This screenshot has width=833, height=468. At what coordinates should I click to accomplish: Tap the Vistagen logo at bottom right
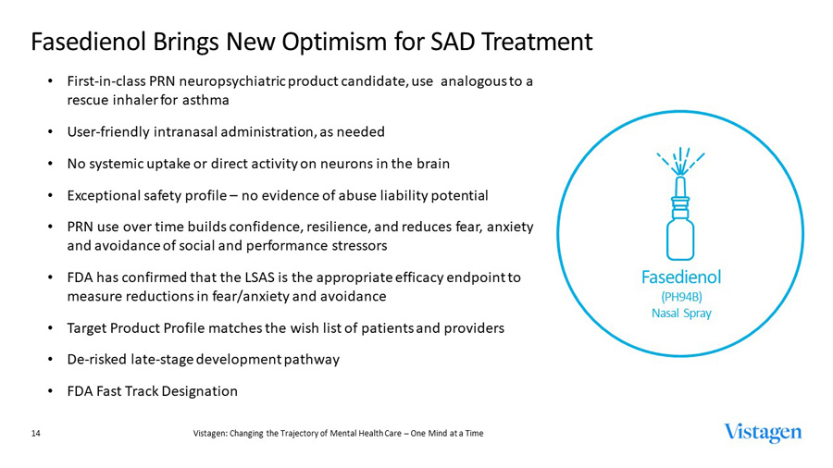(763, 432)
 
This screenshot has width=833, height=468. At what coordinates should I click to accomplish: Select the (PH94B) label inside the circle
(681, 296)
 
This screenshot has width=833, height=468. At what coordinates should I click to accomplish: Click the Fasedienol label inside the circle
(681, 277)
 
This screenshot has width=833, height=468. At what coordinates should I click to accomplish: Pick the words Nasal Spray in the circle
(681, 314)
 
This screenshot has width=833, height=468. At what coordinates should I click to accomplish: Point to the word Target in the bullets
(89, 327)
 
